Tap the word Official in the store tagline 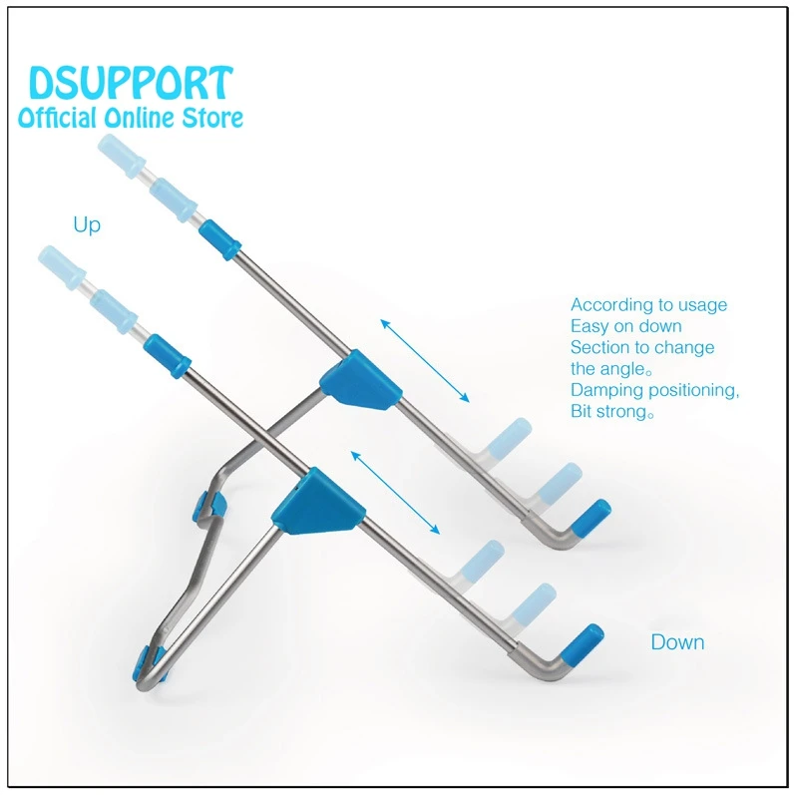[x=58, y=118]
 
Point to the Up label [x=87, y=225]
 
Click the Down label [x=677, y=642]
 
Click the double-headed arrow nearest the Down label [x=395, y=493]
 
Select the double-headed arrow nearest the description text [x=424, y=361]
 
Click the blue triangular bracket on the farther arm [x=362, y=381]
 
